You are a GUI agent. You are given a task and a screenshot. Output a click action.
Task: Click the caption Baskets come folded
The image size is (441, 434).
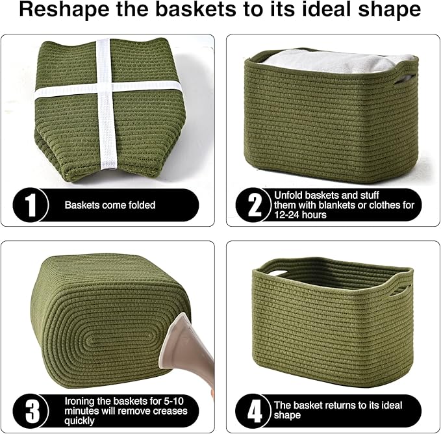[x=110, y=205]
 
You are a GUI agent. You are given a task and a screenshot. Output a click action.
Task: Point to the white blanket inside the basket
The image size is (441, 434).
[x=331, y=63]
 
